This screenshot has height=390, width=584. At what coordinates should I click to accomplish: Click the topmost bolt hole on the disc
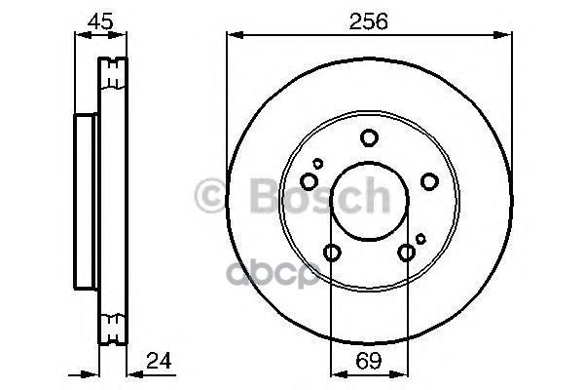[x=369, y=137]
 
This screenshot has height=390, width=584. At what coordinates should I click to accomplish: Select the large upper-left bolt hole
[x=310, y=181]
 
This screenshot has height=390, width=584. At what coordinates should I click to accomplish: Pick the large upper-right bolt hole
[x=428, y=181]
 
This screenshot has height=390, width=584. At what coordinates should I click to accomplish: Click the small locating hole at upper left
[x=317, y=163]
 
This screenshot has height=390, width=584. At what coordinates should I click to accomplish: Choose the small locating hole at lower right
[x=420, y=238]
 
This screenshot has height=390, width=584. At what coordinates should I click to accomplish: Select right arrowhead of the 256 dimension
[x=507, y=36]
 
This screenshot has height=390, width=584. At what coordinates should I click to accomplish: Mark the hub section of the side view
[x=86, y=199]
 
